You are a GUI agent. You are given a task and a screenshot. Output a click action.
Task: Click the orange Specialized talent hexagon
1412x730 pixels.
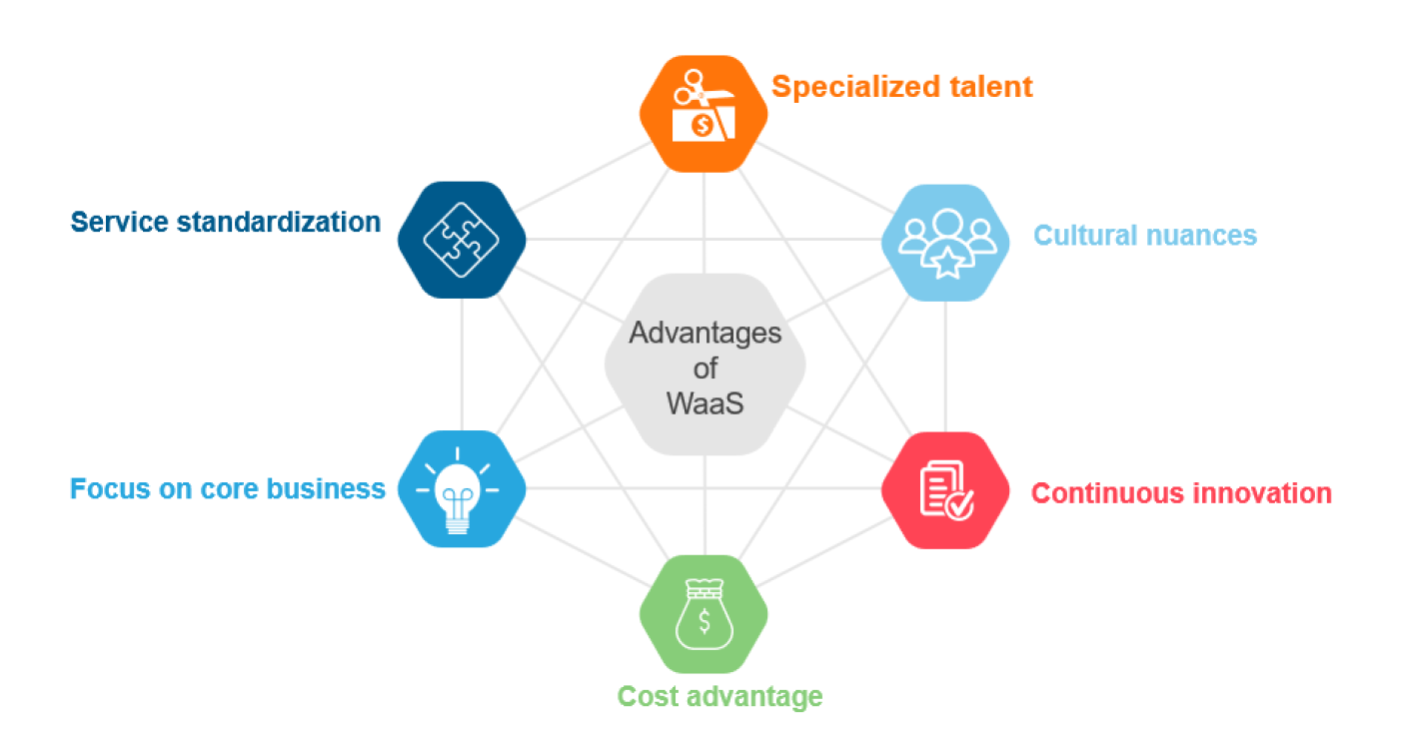(x=704, y=114)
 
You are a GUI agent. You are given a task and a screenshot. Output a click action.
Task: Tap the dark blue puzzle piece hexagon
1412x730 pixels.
(x=462, y=240)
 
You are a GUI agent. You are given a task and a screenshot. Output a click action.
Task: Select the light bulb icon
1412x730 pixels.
(x=458, y=490)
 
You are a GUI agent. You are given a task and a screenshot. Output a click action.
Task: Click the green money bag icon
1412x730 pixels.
(x=705, y=614)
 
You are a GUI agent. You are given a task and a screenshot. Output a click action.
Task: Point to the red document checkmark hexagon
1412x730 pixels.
(x=945, y=490)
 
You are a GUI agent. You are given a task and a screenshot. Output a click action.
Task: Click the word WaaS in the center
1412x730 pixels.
(x=705, y=403)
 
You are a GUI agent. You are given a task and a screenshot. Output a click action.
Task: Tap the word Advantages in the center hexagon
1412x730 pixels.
(x=705, y=334)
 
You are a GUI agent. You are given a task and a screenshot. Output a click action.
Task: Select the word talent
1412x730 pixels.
(x=991, y=86)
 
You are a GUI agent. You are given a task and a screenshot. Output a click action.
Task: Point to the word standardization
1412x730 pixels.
(x=279, y=222)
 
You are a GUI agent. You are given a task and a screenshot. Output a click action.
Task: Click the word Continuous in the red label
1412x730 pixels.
(x=1110, y=493)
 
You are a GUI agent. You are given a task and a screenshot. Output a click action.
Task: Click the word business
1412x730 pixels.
(x=325, y=488)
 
